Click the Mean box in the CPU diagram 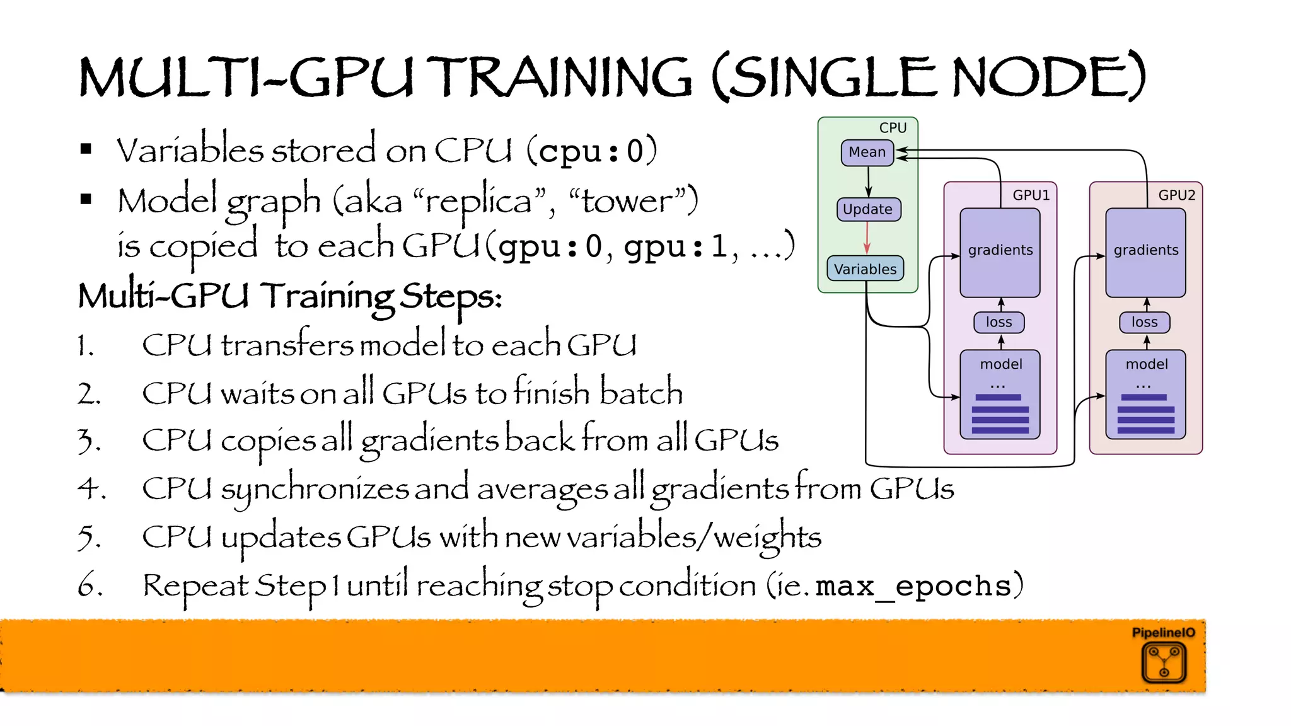point(867,153)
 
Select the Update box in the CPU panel point(868,209)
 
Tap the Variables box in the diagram point(865,268)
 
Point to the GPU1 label point(1031,195)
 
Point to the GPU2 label point(1176,195)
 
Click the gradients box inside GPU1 point(1000,252)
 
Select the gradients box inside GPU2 point(1145,252)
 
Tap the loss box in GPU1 point(999,322)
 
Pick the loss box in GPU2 point(1144,322)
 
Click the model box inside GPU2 point(1145,394)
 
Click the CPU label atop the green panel point(893,128)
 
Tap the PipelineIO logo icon point(1164,662)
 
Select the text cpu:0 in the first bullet point(591,151)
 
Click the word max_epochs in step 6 point(913,586)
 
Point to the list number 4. point(91,488)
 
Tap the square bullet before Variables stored point(86,149)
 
